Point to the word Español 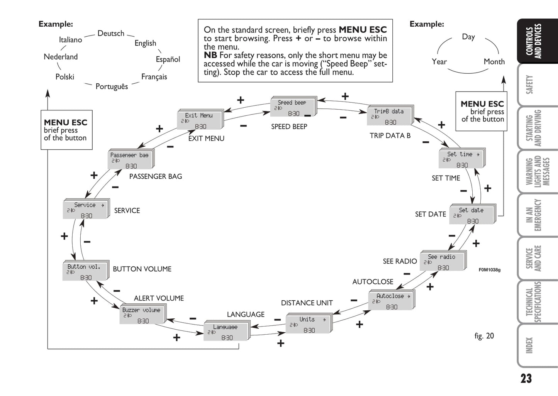[168, 59]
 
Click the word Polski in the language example [64, 77]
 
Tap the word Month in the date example [494, 62]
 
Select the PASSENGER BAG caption [155, 176]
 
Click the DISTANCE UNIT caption [307, 303]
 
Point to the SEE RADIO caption [400, 261]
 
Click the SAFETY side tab [529, 85]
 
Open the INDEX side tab [529, 345]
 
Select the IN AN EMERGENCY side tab [533, 215]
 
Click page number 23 [526, 379]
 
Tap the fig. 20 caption [484, 336]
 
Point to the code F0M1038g [489, 270]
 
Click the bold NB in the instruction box [210, 55]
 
